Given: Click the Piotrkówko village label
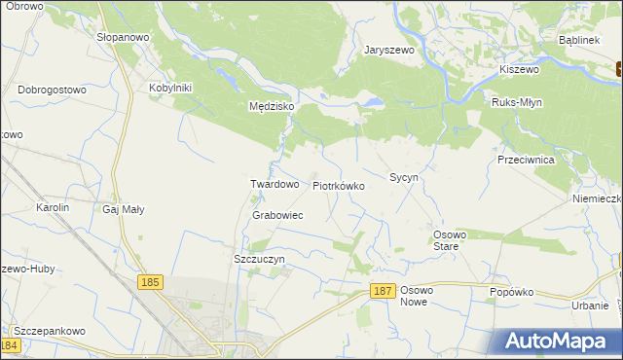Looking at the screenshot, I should click(x=338, y=185).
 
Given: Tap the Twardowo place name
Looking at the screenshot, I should click(x=274, y=184).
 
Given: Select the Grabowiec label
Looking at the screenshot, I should click(x=277, y=215).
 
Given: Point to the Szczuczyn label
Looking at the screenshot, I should click(x=259, y=260).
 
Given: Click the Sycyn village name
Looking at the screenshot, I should click(x=403, y=178).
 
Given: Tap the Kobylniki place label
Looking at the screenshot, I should click(x=172, y=88).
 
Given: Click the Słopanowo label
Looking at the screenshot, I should click(x=122, y=34).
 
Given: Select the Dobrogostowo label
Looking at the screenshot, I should click(x=52, y=90).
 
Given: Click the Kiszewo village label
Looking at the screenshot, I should click(x=519, y=69).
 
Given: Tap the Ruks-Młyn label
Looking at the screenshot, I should click(x=517, y=102).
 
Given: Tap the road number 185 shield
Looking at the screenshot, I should click(x=149, y=282).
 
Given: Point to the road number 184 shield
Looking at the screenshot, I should click(x=11, y=345).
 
